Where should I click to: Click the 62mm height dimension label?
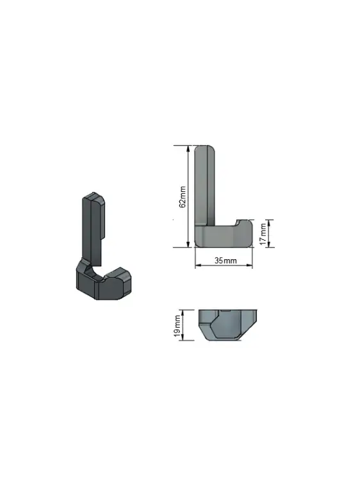183,196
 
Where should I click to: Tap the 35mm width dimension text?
225,260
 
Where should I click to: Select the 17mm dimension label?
263,234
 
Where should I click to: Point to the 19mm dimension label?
177,326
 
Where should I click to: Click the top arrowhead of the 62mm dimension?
188,148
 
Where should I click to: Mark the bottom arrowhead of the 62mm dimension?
188,244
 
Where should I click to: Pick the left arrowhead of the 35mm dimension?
199,265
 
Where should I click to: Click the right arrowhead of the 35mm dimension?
249,265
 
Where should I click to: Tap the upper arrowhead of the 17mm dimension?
268,223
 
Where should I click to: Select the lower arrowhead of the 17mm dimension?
268,244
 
